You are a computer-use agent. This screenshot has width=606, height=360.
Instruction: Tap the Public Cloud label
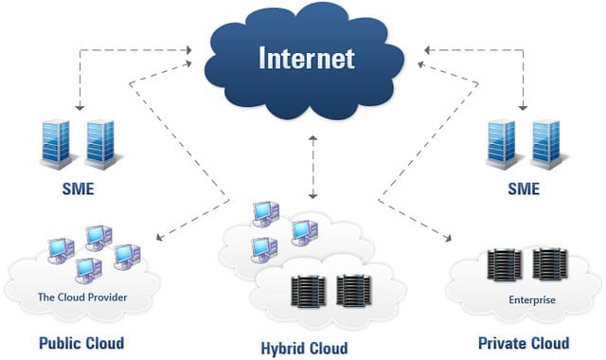click(80, 342)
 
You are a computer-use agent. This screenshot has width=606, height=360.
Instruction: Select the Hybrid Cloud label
click(304, 348)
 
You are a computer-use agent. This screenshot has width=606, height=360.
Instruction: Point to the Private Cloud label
click(524, 342)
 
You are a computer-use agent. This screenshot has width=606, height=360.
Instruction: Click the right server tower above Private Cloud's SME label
click(543, 143)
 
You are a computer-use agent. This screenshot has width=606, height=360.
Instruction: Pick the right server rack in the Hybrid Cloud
click(350, 289)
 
